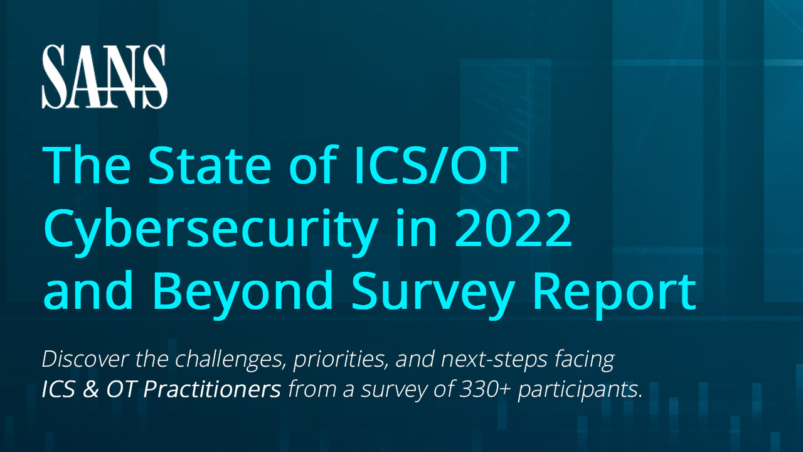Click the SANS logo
pos(104,77)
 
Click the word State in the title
pos(213,165)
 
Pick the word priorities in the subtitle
pos(335,360)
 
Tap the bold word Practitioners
pos(212,390)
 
